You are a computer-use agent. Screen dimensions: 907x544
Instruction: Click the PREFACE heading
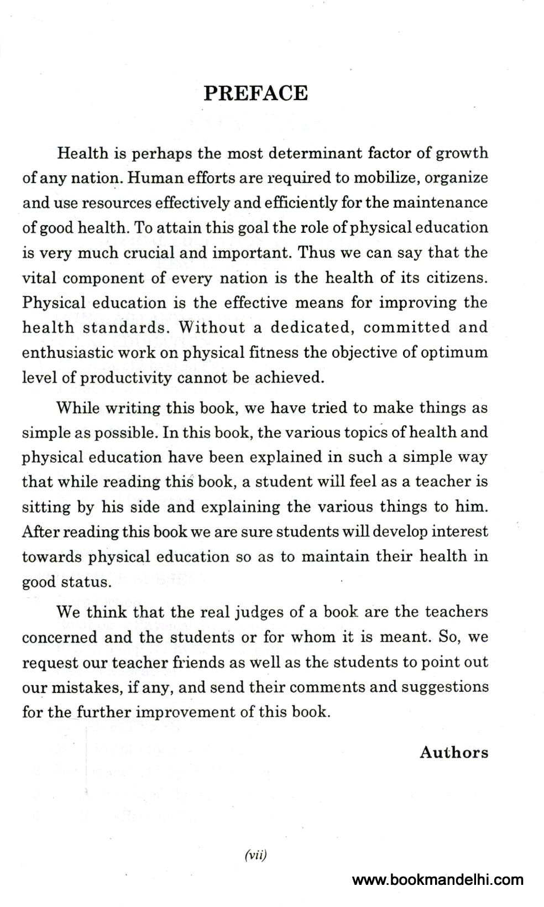[x=255, y=93]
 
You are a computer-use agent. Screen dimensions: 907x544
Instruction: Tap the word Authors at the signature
[x=454, y=752]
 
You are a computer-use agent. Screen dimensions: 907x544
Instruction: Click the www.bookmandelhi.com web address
[x=437, y=879]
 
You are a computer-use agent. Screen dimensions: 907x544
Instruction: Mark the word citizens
[x=456, y=278]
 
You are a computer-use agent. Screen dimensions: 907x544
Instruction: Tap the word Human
[x=154, y=178]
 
